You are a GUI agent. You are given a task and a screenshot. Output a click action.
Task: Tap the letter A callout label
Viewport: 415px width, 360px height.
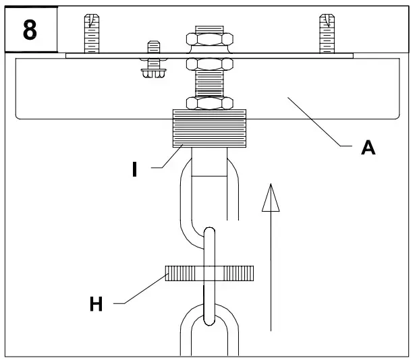click(368, 148)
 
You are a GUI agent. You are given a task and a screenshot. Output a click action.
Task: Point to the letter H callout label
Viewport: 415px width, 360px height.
click(96, 305)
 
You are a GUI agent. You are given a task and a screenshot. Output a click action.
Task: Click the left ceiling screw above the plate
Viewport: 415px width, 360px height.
click(92, 34)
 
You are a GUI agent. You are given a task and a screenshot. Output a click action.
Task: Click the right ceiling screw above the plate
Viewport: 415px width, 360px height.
click(327, 34)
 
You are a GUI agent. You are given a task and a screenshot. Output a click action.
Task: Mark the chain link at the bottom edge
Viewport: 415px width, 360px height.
click(209, 334)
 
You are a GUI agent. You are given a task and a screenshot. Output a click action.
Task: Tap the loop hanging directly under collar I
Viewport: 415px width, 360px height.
click(209, 196)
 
